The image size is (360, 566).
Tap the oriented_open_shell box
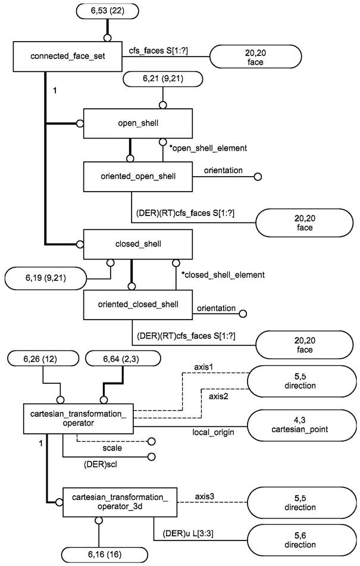point(138,176)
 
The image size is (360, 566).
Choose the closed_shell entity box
point(138,244)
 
